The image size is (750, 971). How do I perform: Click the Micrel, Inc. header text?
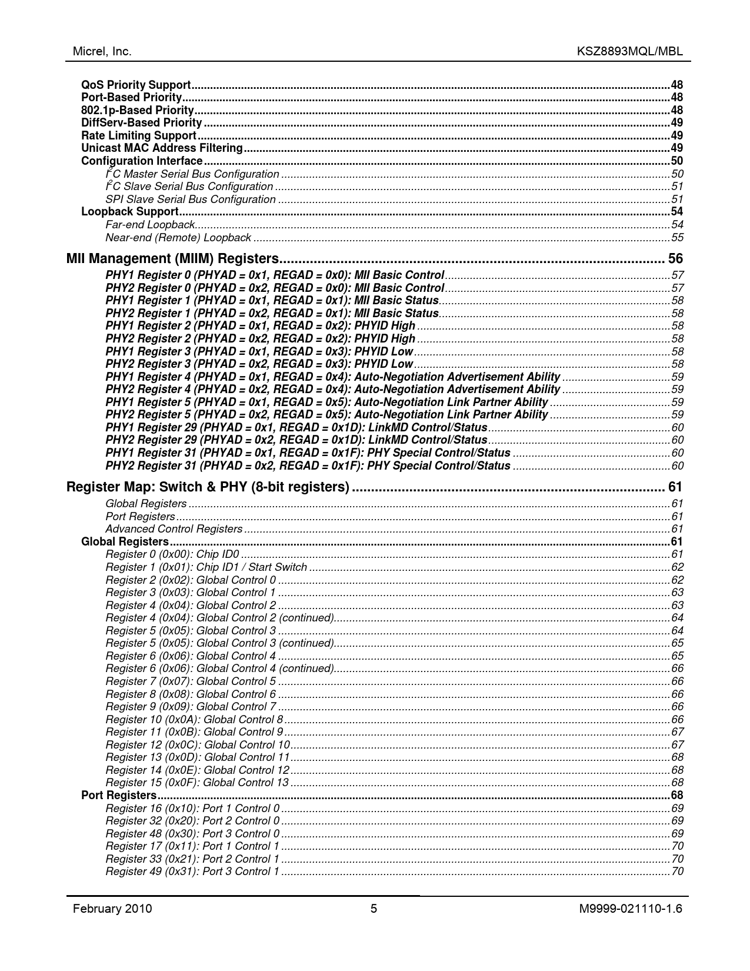[102, 51]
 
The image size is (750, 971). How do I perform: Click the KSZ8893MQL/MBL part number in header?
[630, 51]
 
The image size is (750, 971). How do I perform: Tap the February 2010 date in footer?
[112, 909]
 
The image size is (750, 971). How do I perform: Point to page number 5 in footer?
[374, 909]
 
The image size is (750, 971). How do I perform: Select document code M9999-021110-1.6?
[631, 909]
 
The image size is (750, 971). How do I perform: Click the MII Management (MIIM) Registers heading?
[172, 259]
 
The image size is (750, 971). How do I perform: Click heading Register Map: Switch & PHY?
[208, 487]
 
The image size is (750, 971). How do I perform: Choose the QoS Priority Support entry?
[136, 85]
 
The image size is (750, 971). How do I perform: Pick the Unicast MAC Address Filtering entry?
[162, 148]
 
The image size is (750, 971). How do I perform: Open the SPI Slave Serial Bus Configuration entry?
[191, 199]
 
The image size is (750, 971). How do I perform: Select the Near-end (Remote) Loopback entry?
[178, 238]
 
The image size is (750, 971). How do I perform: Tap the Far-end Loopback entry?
[150, 225]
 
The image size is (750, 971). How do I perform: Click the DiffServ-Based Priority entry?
[142, 123]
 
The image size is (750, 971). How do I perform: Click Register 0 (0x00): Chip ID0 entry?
[172, 554]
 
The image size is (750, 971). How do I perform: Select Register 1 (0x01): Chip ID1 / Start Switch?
[206, 567]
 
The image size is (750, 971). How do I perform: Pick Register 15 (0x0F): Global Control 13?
[197, 783]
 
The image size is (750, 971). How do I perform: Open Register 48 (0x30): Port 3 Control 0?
[192, 834]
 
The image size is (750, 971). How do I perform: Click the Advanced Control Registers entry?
[174, 529]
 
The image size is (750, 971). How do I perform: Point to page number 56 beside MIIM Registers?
[675, 259]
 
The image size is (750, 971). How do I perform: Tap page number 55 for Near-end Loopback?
[677, 238]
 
